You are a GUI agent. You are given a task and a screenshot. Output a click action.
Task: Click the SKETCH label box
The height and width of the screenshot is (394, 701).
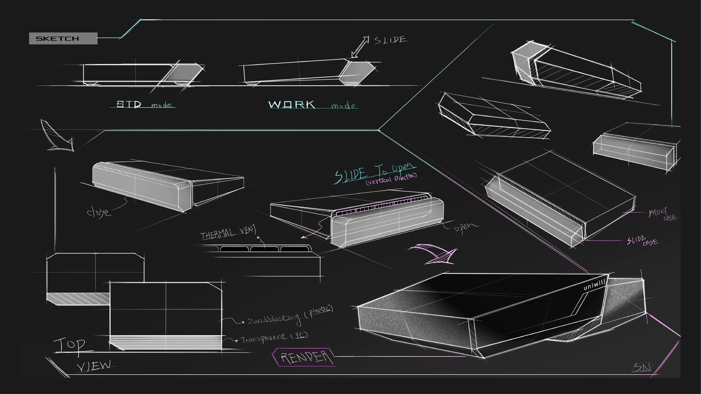(x=63, y=38)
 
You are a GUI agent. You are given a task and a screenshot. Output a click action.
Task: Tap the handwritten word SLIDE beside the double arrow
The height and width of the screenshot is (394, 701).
(x=390, y=40)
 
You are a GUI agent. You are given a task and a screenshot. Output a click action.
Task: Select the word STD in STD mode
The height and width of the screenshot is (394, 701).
(x=129, y=104)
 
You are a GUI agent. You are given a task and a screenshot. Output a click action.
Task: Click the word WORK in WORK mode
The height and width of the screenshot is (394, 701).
(x=292, y=105)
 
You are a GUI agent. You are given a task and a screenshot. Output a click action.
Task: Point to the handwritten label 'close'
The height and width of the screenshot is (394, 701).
(x=98, y=212)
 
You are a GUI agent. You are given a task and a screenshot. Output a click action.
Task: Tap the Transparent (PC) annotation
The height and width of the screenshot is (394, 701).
(x=274, y=337)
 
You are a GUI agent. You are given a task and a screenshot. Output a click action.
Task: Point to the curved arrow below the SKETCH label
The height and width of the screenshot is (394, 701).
(x=57, y=136)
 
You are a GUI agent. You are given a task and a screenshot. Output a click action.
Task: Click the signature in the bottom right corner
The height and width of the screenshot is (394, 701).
(x=643, y=367)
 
